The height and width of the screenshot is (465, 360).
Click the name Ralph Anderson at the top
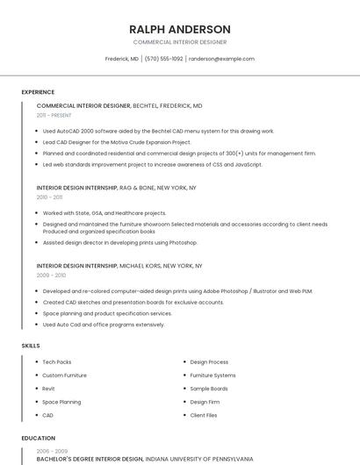[x=179, y=29]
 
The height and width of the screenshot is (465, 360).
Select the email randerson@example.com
[x=221, y=59]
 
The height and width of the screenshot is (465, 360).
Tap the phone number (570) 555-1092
[x=163, y=59]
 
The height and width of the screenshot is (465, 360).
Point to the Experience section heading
[x=38, y=92]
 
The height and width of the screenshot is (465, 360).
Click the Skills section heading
[x=31, y=346]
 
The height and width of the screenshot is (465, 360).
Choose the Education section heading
[x=38, y=438]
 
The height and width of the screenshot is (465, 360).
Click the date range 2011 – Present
[x=54, y=115]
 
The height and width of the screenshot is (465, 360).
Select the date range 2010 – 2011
[x=49, y=197]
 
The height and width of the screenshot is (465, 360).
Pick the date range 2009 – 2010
[x=50, y=275]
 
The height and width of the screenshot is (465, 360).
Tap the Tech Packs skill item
[x=57, y=361]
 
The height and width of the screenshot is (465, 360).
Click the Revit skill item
[x=48, y=389]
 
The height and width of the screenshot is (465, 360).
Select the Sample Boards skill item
[x=209, y=389]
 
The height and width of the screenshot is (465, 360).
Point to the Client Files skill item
[x=204, y=415]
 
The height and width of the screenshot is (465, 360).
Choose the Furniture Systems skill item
[x=212, y=376]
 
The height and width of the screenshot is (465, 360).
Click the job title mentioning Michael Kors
[x=119, y=265]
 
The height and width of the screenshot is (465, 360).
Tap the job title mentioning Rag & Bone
[x=117, y=188]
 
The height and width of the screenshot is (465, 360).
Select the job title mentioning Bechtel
[x=119, y=105]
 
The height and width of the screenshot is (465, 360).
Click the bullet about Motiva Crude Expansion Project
[x=117, y=142]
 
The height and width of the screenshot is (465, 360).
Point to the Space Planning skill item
[x=61, y=402]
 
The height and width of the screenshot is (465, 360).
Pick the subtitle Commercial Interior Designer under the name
[x=179, y=41]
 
